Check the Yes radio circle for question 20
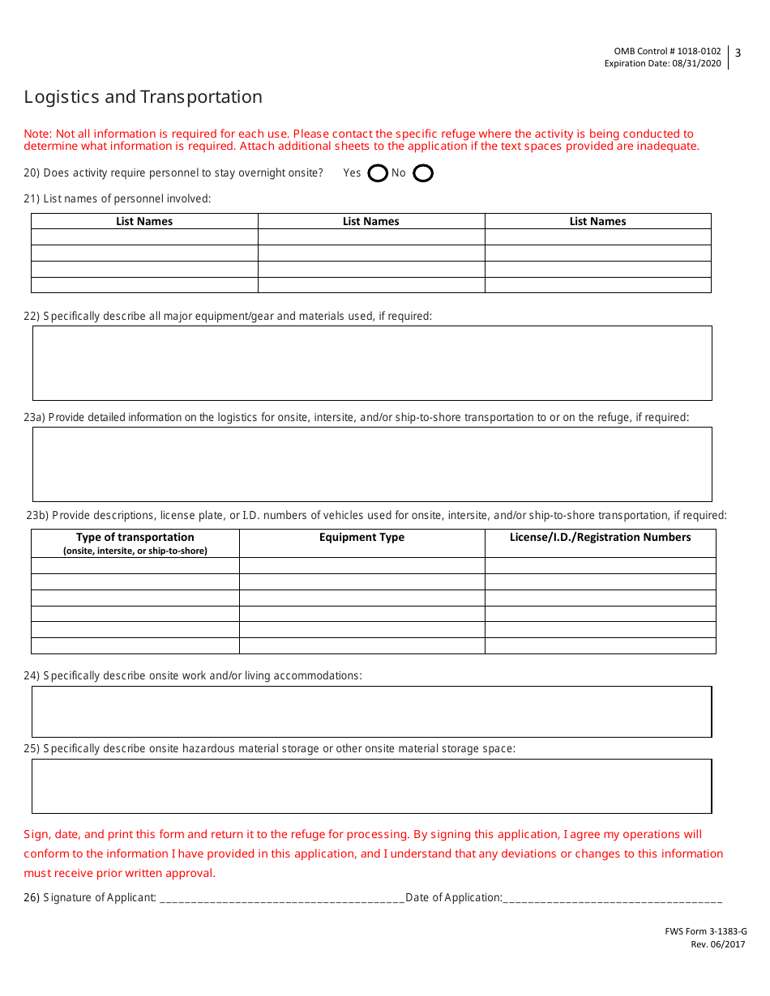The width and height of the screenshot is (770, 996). point(378,173)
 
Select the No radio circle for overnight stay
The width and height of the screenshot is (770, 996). point(423,173)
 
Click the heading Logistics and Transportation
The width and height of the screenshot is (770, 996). point(143,97)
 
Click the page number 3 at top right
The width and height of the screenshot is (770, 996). point(738,53)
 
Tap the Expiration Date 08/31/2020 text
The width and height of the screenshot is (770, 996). point(662,64)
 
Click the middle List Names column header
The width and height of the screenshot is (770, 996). point(371,221)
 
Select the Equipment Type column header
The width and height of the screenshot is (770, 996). point(361,538)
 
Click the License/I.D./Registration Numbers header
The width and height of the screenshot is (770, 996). point(600,538)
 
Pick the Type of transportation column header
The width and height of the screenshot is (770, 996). point(135,538)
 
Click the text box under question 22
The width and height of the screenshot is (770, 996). point(372,363)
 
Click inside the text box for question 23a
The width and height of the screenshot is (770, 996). point(372,464)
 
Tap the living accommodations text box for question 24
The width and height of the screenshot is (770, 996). point(372,712)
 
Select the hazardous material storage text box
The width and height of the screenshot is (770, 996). point(372,785)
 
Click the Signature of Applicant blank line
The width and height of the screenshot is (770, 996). point(282,898)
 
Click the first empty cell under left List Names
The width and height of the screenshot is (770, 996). point(144,237)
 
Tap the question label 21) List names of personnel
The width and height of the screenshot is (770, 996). point(118,198)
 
